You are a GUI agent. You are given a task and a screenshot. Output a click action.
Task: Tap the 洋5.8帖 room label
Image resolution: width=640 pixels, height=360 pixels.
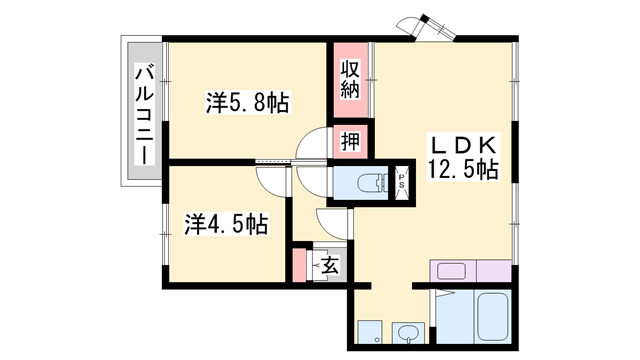point(248,102)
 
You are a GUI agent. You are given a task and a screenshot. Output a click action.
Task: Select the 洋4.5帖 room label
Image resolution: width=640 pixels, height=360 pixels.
point(226,223)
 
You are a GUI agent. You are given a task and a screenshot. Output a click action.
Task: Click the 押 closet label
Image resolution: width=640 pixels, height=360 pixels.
point(349,141)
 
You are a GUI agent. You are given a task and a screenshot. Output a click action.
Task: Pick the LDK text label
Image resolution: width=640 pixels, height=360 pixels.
point(463,143)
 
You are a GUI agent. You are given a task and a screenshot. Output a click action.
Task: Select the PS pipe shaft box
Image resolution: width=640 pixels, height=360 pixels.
point(402,182)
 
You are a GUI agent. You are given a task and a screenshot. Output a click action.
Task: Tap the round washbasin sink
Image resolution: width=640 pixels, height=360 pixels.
point(408,332)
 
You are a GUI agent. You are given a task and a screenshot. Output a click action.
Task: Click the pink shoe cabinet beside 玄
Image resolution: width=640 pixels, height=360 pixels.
point(299,265)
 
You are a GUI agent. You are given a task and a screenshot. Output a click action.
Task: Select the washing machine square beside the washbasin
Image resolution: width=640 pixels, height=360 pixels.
point(371,333)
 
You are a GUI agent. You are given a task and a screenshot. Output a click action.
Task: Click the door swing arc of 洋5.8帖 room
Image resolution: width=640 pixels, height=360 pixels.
point(313,145)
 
